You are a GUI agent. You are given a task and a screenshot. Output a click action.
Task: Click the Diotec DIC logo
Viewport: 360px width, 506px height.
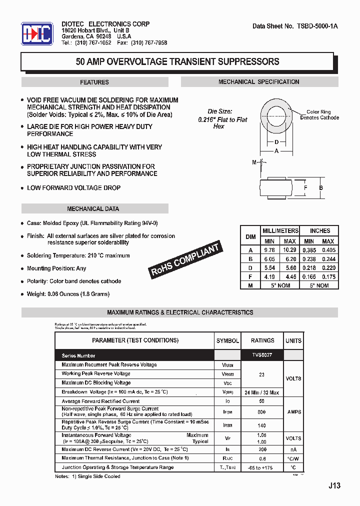(x=37, y=34)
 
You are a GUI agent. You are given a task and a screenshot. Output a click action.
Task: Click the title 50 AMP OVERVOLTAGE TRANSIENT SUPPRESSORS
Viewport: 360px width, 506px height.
(x=177, y=62)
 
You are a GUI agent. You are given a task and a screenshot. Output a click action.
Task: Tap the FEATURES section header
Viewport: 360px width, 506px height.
(x=94, y=82)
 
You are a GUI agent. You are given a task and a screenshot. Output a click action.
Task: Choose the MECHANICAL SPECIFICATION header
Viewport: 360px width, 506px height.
(x=258, y=82)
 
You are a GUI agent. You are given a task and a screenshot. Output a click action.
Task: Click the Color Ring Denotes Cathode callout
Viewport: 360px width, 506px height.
(x=319, y=115)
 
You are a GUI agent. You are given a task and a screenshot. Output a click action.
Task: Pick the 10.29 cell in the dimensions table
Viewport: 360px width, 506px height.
(x=289, y=250)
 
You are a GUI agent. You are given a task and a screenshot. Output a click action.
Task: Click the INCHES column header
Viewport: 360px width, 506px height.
(x=319, y=231)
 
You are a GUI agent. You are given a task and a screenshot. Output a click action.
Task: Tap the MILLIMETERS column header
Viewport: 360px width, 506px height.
(x=280, y=231)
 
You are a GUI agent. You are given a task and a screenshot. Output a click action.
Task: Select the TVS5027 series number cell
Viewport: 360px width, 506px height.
(x=262, y=355)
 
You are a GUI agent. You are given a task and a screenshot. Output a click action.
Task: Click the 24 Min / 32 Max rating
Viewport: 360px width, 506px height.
(x=262, y=392)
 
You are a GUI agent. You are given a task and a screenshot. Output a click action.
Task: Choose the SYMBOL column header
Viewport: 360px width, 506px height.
(x=227, y=340)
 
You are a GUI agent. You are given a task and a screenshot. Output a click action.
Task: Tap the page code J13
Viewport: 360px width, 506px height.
(x=334, y=485)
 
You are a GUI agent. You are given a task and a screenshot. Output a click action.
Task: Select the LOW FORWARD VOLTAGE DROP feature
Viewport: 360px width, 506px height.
(x=73, y=188)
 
